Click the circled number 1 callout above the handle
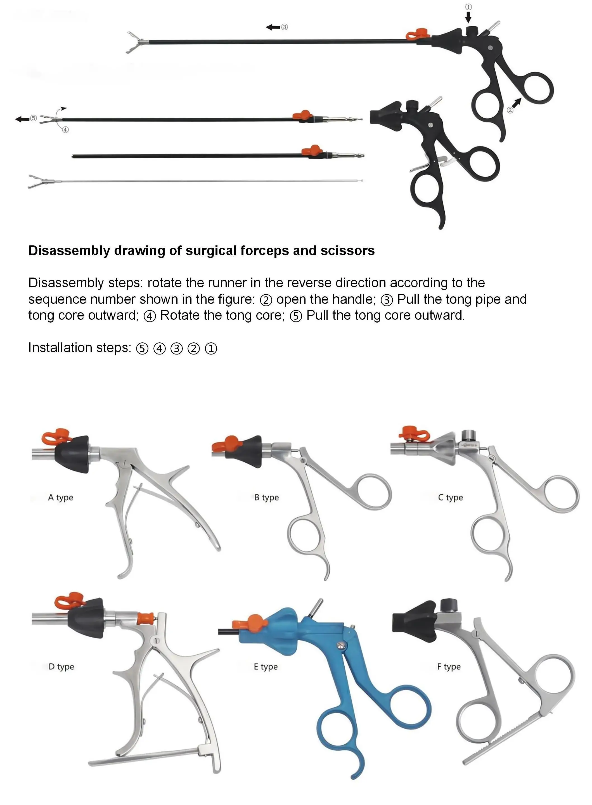[468, 7]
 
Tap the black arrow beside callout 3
[273, 27]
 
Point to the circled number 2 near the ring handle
[510, 110]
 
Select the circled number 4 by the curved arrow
[65, 130]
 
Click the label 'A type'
[61, 497]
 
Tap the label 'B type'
[266, 497]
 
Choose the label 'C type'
[451, 497]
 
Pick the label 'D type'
[61, 667]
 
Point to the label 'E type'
[266, 667]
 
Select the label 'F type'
[449, 667]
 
